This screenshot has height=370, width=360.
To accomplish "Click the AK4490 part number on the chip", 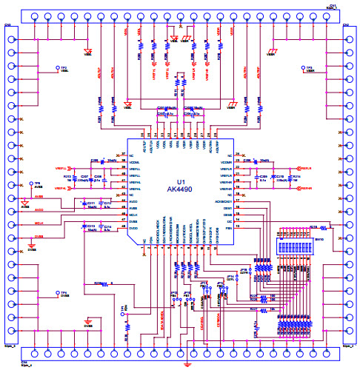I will pyautogui.click(x=180, y=190).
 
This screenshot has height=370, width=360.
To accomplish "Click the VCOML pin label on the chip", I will pyautogui.click(x=135, y=162).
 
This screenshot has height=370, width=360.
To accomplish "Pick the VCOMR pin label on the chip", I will pyautogui.click(x=226, y=162).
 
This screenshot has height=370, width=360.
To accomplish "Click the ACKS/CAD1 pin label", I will pyautogui.click(x=224, y=202).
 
